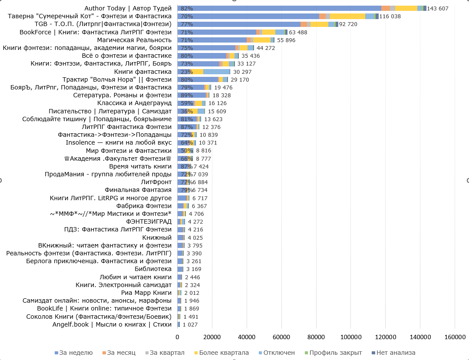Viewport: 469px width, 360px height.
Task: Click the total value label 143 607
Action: click(x=438, y=9)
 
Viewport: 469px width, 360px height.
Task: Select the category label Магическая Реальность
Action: click(x=142, y=40)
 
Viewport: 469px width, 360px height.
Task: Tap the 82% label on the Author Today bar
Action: click(x=187, y=9)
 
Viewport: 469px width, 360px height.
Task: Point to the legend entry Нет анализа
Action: click(x=396, y=353)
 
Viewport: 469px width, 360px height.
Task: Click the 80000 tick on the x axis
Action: click(x=316, y=337)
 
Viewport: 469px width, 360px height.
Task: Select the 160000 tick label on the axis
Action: click(x=455, y=337)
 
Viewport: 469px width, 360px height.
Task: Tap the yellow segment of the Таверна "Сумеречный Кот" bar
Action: click(x=347, y=17)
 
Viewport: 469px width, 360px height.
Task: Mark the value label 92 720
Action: click(x=348, y=24)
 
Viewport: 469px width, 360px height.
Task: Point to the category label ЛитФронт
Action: click(x=156, y=182)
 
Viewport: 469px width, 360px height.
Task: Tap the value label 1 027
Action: click(x=190, y=324)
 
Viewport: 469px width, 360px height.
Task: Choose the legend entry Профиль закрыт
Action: click(x=335, y=353)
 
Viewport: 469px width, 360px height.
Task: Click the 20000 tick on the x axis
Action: click(x=212, y=337)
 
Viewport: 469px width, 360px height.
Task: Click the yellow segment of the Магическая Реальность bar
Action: click(x=262, y=40)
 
